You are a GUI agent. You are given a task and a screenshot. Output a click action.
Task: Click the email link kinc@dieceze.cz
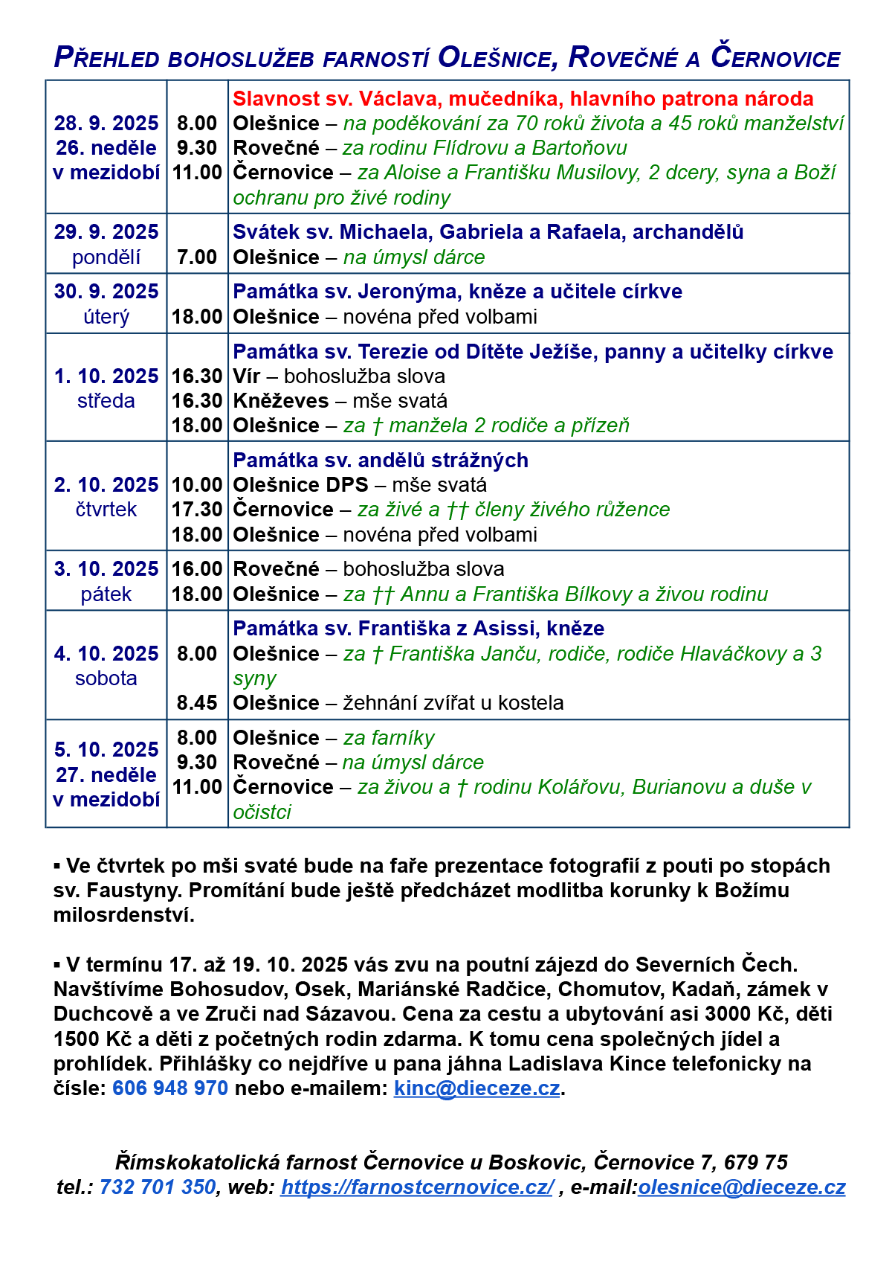pos(476,1088)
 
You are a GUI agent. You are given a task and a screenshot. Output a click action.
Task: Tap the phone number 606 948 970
pos(170,1088)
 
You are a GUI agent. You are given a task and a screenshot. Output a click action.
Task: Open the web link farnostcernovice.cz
pos(416,1187)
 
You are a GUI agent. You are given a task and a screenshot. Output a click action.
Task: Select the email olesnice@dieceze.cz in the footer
pos(741,1187)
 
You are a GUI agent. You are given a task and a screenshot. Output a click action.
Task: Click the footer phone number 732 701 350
pos(158,1187)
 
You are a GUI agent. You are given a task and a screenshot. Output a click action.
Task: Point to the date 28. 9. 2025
pos(106,123)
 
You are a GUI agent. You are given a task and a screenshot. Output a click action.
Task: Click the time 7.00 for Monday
pos(197,257)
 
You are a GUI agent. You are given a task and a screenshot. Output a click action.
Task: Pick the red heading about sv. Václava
pos(523,99)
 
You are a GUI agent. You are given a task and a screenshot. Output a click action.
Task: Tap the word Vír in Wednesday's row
pos(246,376)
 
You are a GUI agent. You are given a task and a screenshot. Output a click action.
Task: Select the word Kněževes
pos(280,401)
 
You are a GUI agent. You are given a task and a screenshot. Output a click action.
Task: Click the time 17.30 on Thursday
pos(197,510)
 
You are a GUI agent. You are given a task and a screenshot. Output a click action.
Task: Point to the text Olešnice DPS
pos(300,485)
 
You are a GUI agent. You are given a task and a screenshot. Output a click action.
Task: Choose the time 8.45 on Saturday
pos(197,703)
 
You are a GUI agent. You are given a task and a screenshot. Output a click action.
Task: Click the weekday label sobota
pos(106,678)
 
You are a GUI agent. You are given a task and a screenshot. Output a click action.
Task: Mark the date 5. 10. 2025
pos(106,750)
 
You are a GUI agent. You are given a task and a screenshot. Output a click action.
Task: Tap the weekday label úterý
pos(106,317)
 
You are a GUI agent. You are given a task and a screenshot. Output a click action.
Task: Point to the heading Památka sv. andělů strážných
pos(381,461)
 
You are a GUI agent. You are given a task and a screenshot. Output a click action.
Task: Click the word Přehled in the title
pos(106,58)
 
